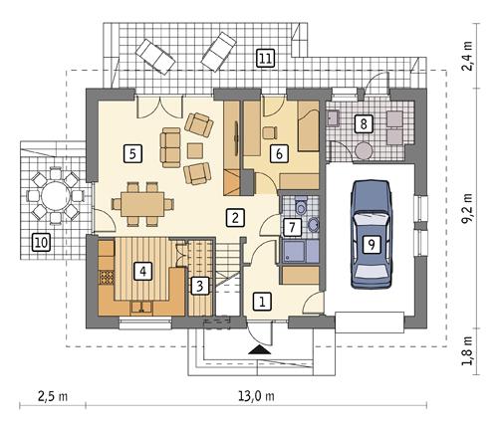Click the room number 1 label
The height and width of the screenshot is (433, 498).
(263, 300)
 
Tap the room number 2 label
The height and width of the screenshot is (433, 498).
(234, 216)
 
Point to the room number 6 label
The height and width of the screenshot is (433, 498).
(279, 153)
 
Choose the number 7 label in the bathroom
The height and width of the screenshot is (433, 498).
(292, 228)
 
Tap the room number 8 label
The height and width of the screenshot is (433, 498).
(366, 123)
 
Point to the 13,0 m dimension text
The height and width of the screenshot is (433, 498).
(256, 397)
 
